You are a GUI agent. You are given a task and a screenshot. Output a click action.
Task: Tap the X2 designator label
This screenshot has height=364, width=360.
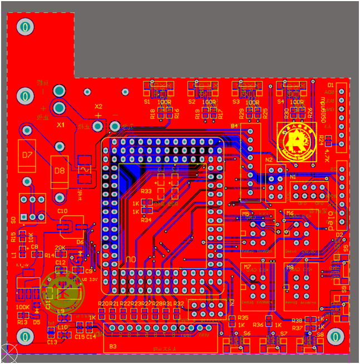[x=98, y=107]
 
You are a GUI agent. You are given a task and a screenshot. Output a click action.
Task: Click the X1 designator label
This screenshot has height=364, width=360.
[x=61, y=126]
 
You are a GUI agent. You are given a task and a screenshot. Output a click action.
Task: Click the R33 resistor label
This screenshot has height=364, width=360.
[x=146, y=191]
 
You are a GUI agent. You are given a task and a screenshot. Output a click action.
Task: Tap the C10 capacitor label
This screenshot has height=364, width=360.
[x=62, y=211]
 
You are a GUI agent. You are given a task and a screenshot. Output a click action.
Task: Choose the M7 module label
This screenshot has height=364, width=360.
[x=246, y=267]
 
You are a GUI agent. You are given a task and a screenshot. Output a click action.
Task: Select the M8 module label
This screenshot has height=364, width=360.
[x=289, y=267]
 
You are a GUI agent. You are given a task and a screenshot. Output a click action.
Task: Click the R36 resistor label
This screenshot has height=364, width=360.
[x=258, y=325]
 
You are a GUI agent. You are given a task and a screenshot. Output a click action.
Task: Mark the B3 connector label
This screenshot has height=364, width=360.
[x=113, y=347]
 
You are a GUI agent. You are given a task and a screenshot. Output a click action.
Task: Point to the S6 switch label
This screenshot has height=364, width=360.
[x=247, y=333]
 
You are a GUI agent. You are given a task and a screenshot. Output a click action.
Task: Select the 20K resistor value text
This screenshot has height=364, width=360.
[x=60, y=248]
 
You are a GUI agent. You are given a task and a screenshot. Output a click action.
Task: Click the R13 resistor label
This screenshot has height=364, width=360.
[x=22, y=322]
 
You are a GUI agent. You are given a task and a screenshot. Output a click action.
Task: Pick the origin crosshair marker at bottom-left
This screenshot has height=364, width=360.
[x=8, y=353]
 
